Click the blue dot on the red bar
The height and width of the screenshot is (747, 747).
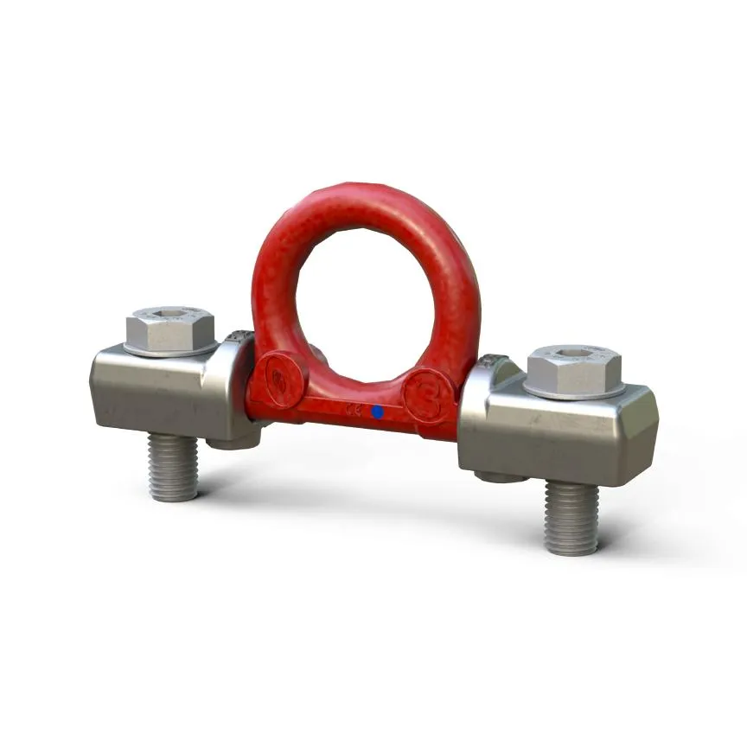pos(377,412)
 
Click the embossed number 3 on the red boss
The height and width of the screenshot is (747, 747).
pos(427,395)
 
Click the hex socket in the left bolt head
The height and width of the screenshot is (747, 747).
pos(169,313)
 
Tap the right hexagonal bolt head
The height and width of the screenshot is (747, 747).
pos(573,370)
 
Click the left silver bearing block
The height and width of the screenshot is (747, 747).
pos(156,389)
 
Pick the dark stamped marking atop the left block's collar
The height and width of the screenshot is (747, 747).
pos(235,338)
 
